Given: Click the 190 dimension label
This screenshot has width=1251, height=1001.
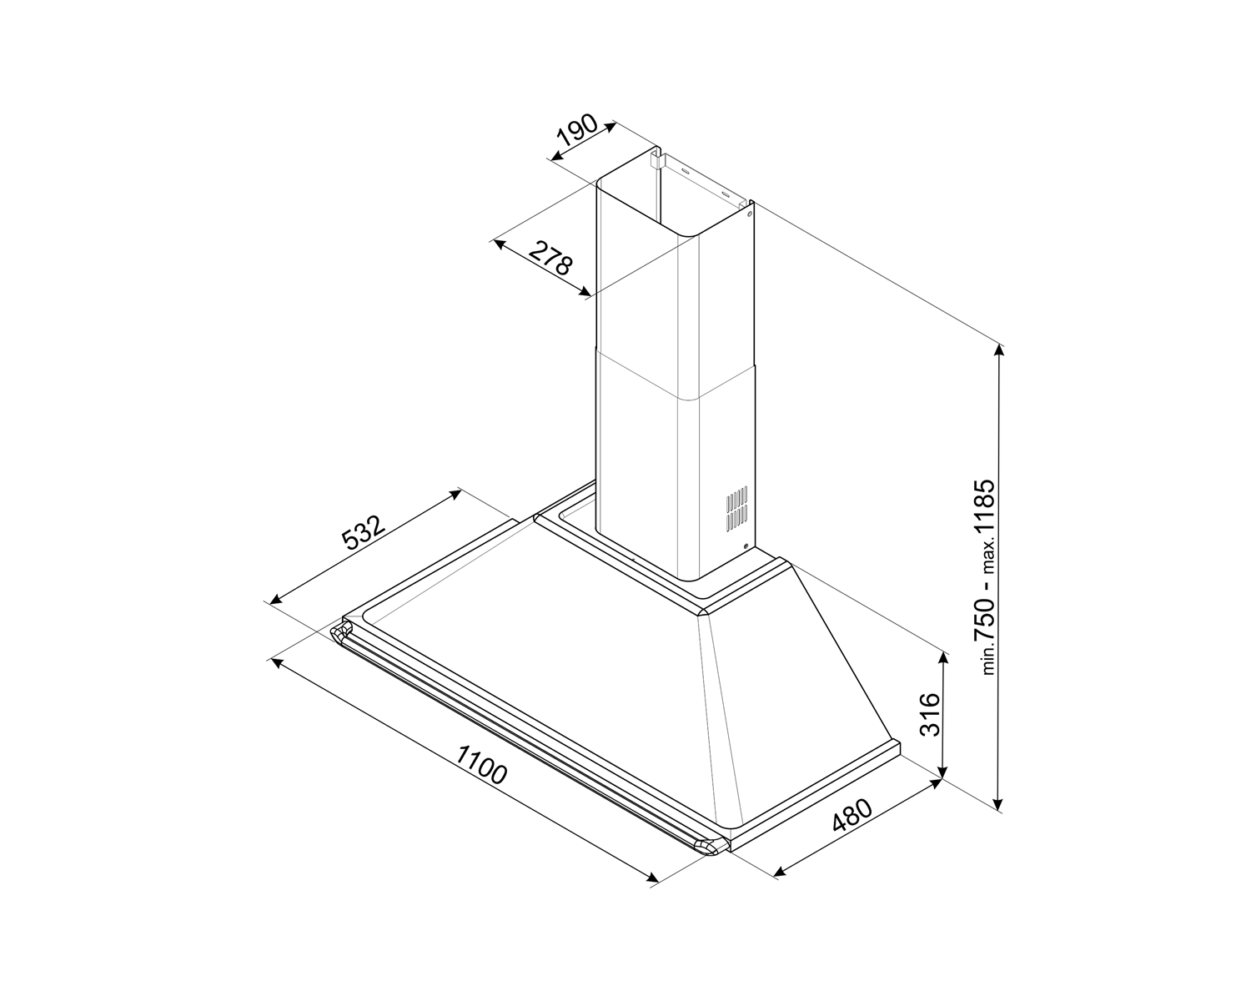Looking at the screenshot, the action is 577,130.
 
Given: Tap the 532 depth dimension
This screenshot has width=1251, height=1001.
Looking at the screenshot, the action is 364,531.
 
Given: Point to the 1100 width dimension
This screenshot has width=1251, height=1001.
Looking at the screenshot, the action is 480,765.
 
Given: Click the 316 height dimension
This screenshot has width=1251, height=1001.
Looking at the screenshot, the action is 931,714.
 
